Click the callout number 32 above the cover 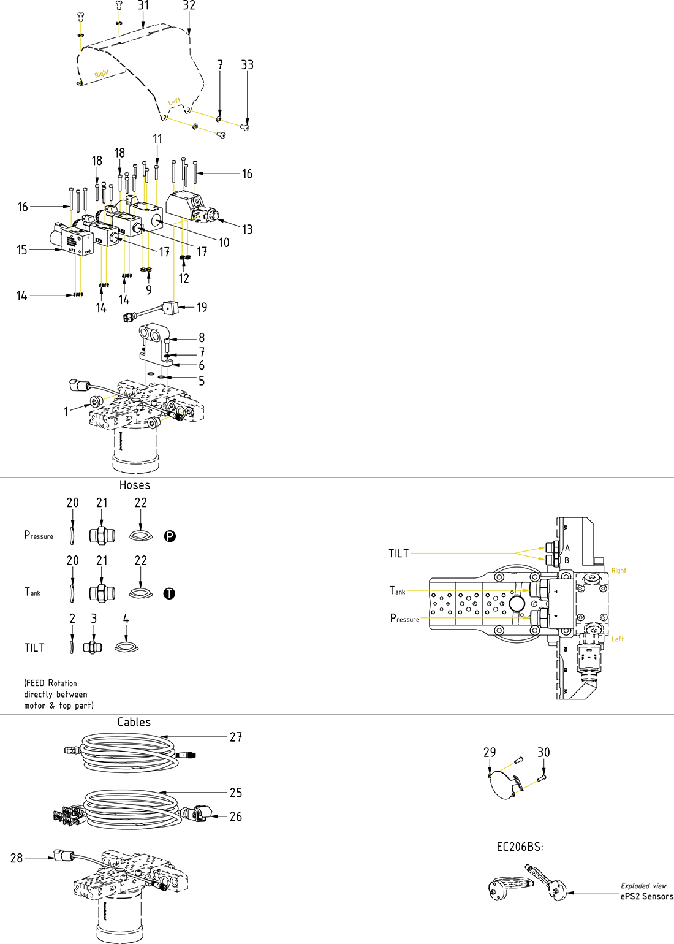point(189,6)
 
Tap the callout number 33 point(247,65)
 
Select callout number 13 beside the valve point(247,229)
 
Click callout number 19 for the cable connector point(202,307)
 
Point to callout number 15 point(22,250)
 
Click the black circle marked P point(170,536)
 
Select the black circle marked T point(169,593)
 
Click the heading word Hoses point(135,485)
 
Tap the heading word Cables point(134,722)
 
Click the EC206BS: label point(520,847)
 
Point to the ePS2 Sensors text point(646,896)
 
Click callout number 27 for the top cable point(236,737)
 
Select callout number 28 point(17,858)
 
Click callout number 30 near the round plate point(543,752)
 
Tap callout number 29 point(490,752)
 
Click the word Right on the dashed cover point(102,74)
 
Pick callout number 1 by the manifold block point(66,412)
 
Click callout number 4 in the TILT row point(126,619)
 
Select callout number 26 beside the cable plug point(236,816)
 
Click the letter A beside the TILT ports point(567,548)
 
